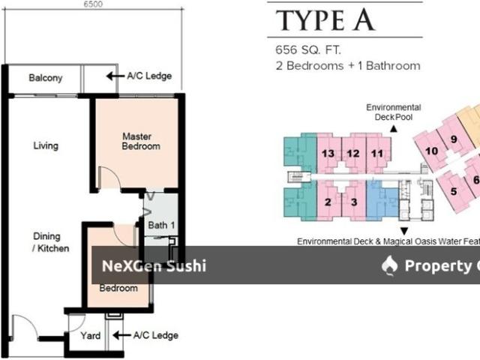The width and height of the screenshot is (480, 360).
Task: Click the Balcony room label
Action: tap(46, 77)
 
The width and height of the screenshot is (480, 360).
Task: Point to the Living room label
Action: tap(46, 145)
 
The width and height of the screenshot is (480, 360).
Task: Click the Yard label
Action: tap(90, 336)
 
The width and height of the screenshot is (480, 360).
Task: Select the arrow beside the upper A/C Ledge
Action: tap(114, 76)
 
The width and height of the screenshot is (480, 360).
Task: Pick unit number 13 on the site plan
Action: tap(327, 154)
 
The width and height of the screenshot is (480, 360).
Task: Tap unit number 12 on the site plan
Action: tap(352, 154)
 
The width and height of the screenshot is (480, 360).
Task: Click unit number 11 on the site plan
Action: tap(377, 154)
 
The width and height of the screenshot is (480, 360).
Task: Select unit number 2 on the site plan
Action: tap(328, 201)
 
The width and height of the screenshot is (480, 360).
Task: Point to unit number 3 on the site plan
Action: tap(352, 201)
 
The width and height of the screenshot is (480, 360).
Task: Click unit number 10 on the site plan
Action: tap(431, 151)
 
